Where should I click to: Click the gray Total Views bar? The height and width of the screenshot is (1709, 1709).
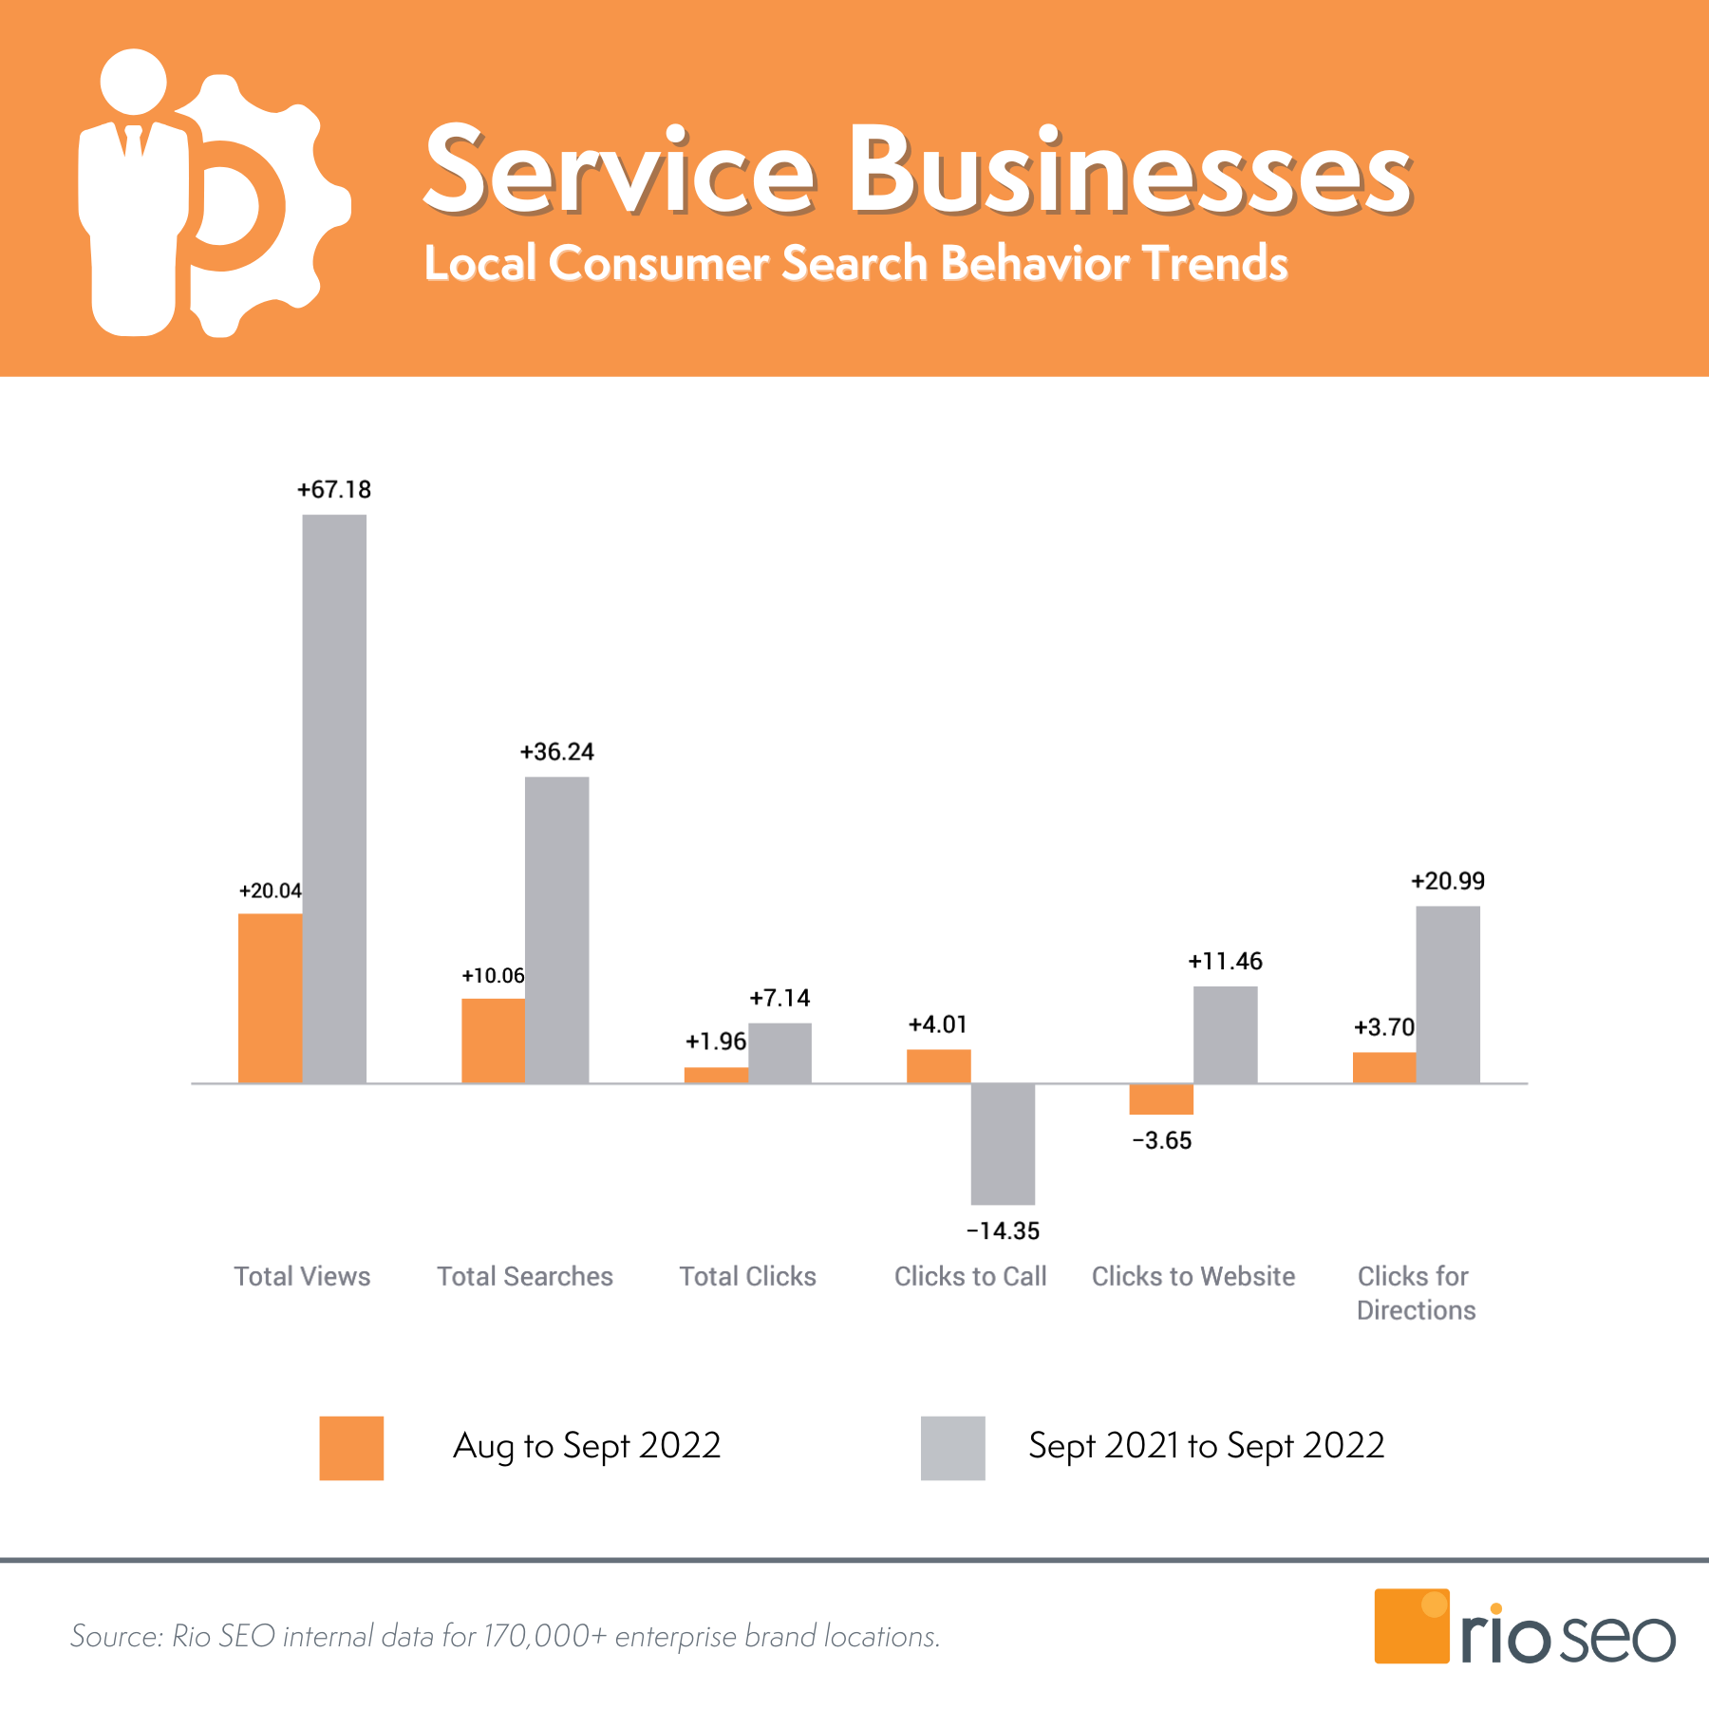tap(334, 798)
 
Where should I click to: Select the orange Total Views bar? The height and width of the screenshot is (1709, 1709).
tap(270, 997)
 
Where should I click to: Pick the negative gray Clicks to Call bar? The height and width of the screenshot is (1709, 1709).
tap(1003, 1143)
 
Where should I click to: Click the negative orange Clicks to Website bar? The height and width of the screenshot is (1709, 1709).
tap(1161, 1099)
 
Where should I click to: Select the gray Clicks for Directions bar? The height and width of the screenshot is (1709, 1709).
tap(1447, 994)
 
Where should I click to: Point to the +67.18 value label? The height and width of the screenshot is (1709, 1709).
tap(334, 490)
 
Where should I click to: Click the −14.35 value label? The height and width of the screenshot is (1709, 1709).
tap(1003, 1231)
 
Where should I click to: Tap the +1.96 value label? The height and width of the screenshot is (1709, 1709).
tap(716, 1042)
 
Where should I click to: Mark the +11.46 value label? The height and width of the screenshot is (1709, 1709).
tap(1225, 962)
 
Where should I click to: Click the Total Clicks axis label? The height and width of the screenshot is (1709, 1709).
tap(747, 1276)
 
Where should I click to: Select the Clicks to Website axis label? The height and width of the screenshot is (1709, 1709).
tap(1193, 1276)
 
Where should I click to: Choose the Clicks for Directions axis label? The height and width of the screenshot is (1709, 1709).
tap(1416, 1293)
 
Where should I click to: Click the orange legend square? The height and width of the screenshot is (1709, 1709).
tap(351, 1448)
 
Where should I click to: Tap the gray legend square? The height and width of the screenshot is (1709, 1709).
tap(952, 1448)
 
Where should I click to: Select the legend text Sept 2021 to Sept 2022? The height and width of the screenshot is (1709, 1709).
tap(1206, 1446)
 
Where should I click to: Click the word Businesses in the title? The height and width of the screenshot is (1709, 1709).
tap(1130, 171)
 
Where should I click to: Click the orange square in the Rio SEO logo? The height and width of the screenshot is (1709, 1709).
tap(1411, 1625)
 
